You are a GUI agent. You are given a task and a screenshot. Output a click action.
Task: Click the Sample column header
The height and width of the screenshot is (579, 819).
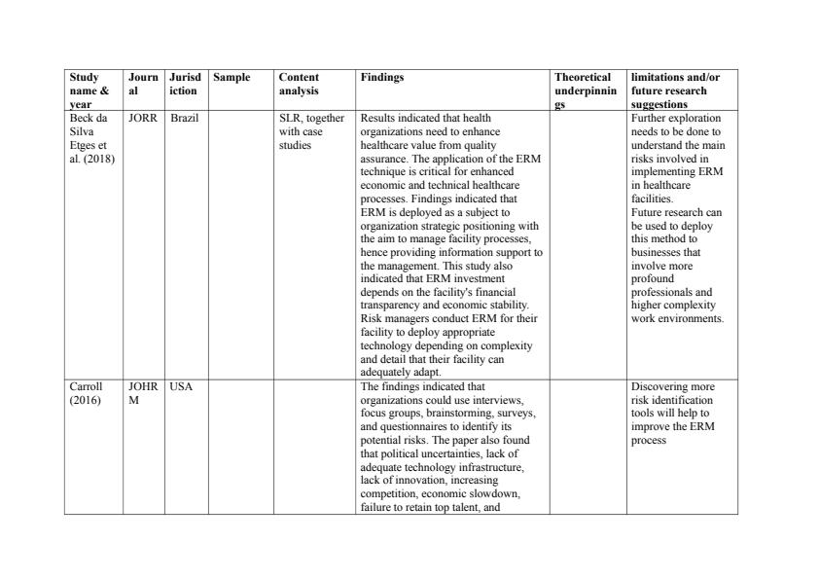point(231,77)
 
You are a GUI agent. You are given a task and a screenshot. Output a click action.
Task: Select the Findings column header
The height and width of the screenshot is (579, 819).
point(381,77)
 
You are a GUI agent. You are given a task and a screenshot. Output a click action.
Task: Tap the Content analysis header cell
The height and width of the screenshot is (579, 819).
point(299,84)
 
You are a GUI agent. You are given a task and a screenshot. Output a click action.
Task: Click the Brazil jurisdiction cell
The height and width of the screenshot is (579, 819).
point(184,118)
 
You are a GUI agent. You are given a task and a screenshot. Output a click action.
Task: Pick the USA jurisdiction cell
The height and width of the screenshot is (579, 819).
point(181,386)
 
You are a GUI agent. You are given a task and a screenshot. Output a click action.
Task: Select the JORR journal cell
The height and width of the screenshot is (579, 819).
point(142,118)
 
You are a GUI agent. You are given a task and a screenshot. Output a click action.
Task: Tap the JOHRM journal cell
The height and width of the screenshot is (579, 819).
point(142,392)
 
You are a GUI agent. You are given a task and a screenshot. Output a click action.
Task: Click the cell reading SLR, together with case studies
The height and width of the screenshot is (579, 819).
point(311,130)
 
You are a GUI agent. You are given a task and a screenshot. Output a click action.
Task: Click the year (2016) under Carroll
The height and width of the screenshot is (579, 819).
point(85,399)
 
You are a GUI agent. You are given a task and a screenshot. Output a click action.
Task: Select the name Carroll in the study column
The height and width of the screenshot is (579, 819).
point(86,386)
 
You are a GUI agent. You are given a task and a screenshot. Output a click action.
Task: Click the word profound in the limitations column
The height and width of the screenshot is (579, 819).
point(654,278)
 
